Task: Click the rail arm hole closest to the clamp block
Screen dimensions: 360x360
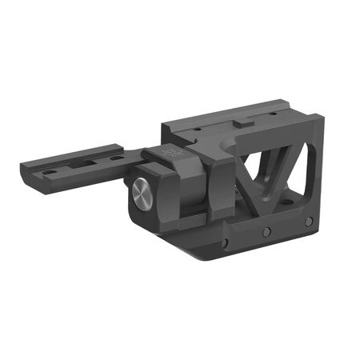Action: click(117, 158)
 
